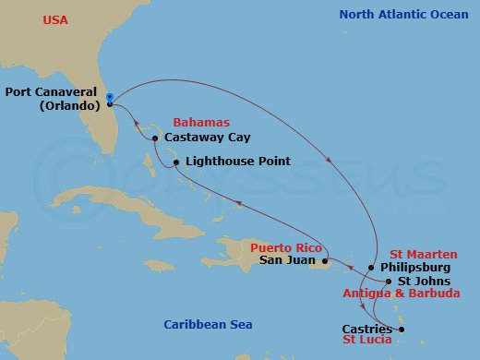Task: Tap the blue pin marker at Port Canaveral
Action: (109, 97)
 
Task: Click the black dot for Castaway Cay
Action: (155, 139)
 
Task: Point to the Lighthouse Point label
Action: (238, 162)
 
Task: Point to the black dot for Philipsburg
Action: (372, 268)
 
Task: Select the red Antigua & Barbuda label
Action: (402, 294)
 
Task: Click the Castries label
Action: (366, 329)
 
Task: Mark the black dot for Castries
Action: (402, 330)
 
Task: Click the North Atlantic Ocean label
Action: (403, 15)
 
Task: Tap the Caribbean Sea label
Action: (208, 324)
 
